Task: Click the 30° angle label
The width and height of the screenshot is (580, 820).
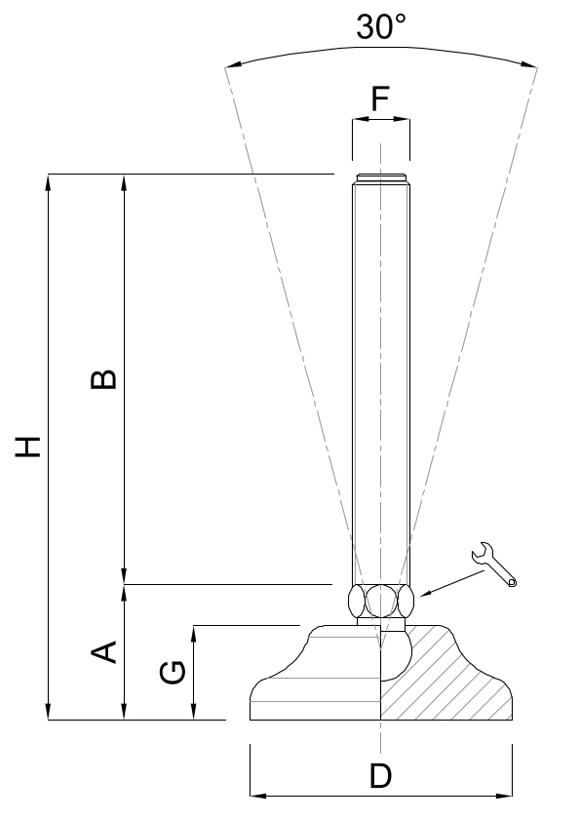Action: pyautogui.click(x=381, y=27)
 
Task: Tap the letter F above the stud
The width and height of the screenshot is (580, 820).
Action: pyautogui.click(x=380, y=98)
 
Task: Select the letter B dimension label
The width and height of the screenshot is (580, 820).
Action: pyautogui.click(x=103, y=379)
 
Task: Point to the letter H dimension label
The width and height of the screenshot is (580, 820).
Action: pyautogui.click(x=27, y=447)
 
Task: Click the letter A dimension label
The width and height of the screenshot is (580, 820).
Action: pyautogui.click(x=103, y=651)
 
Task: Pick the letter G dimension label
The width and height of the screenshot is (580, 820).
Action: pyautogui.click(x=173, y=673)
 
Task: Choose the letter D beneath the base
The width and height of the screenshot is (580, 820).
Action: pyautogui.click(x=380, y=775)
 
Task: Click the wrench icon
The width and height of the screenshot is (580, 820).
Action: pyautogui.click(x=493, y=565)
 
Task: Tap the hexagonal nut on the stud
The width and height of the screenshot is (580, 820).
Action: pyautogui.click(x=381, y=602)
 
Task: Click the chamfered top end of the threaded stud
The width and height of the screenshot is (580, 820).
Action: pyautogui.click(x=381, y=177)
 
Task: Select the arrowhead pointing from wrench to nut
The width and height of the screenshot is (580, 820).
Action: pyautogui.click(x=426, y=594)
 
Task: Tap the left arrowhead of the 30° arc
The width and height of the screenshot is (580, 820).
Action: pyautogui.click(x=233, y=65)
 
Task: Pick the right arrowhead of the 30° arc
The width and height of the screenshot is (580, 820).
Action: pyautogui.click(x=528, y=65)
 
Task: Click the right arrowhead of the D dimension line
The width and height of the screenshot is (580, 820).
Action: pyautogui.click(x=504, y=796)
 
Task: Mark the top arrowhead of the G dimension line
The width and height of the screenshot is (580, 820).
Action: pyautogui.click(x=194, y=634)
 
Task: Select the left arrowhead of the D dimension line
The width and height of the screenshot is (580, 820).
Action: pyautogui.click(x=258, y=796)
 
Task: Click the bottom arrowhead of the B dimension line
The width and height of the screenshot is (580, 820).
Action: pyautogui.click(x=124, y=576)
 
